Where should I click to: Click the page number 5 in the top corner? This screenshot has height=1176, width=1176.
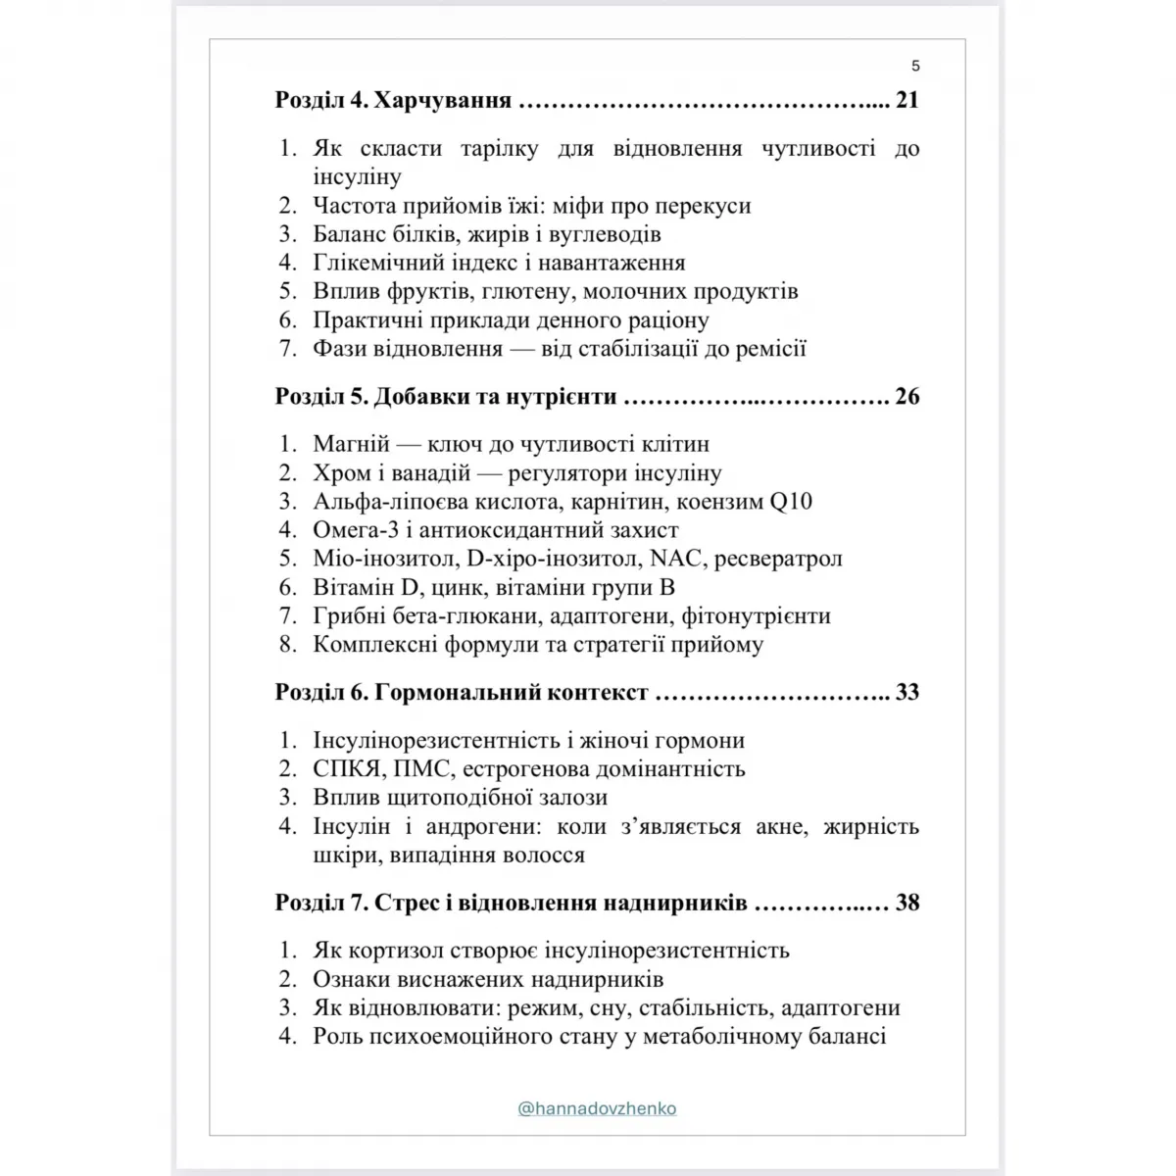coord(915,67)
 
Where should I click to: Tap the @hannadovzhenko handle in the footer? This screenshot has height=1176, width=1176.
coord(597,1108)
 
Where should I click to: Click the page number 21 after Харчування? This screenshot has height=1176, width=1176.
coord(906,100)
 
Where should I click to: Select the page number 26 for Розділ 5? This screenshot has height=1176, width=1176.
coord(906,396)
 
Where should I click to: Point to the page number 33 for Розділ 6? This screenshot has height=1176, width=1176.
coord(906,692)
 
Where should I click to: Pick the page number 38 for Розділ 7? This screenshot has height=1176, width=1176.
coord(906,903)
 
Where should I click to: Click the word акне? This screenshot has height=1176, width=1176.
coord(782,826)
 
